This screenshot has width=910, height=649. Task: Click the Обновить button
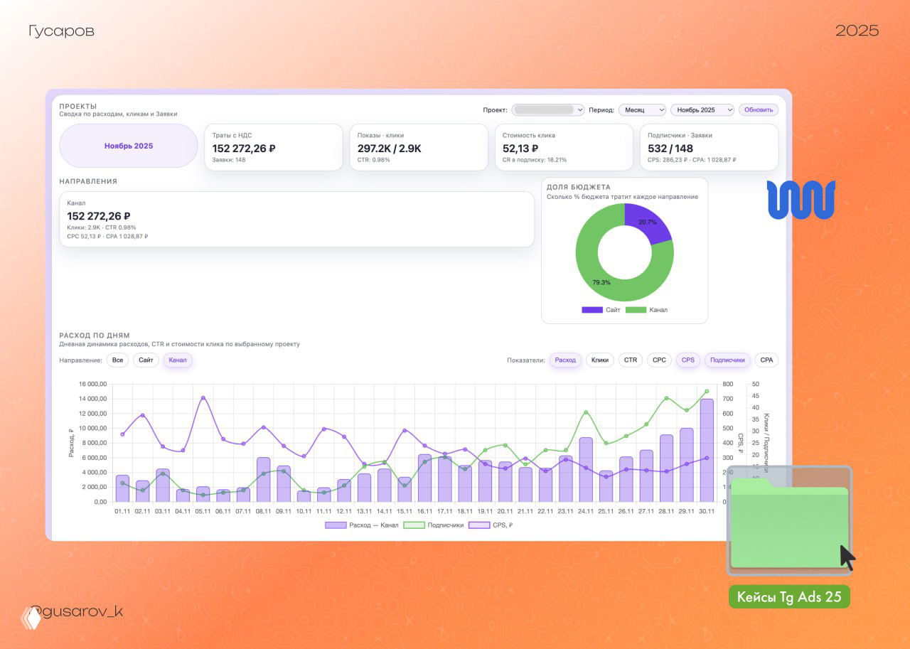click(x=759, y=110)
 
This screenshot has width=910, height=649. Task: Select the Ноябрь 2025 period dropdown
click(x=702, y=110)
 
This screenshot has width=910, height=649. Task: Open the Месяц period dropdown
click(x=642, y=110)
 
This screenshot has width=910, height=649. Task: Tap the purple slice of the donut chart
click(x=646, y=222)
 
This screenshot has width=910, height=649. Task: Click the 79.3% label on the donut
click(x=601, y=282)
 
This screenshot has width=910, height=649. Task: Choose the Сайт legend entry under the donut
click(x=601, y=310)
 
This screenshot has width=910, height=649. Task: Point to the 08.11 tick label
click(x=263, y=511)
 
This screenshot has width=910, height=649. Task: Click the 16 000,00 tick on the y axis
click(x=92, y=385)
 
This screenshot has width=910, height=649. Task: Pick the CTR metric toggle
click(x=631, y=360)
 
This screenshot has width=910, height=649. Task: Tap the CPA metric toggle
click(x=766, y=360)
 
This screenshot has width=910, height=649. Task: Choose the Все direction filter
click(x=117, y=360)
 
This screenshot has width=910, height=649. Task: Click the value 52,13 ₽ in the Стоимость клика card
click(x=520, y=149)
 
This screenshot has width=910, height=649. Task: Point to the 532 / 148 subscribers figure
click(x=670, y=149)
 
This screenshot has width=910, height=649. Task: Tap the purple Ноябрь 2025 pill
click(x=129, y=146)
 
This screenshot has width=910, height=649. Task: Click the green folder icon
click(x=789, y=526)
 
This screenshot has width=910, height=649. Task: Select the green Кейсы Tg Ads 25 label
click(x=789, y=597)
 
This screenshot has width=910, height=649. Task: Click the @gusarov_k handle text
click(x=78, y=612)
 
